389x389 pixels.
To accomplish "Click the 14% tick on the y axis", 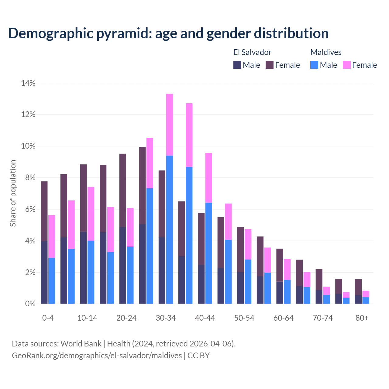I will click(x=28, y=83).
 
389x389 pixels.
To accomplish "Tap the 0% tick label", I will click(x=30, y=304).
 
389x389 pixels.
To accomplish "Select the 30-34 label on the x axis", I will click(x=166, y=318).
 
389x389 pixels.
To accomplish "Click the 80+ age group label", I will click(x=362, y=318).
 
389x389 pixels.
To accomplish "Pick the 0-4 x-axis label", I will click(x=48, y=318).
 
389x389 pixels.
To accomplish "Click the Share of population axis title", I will click(x=13, y=193).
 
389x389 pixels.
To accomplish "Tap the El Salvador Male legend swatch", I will click(x=237, y=65).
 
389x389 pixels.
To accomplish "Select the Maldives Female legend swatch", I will click(x=347, y=65).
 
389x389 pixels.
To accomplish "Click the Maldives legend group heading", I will click(x=326, y=52).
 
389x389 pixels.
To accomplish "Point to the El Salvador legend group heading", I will click(x=252, y=52).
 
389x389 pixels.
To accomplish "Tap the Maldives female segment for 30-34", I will click(x=170, y=125).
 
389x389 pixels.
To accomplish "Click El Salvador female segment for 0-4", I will click(x=44, y=211).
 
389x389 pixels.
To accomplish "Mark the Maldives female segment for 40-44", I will click(x=209, y=178).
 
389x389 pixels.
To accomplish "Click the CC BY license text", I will click(x=198, y=356).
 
